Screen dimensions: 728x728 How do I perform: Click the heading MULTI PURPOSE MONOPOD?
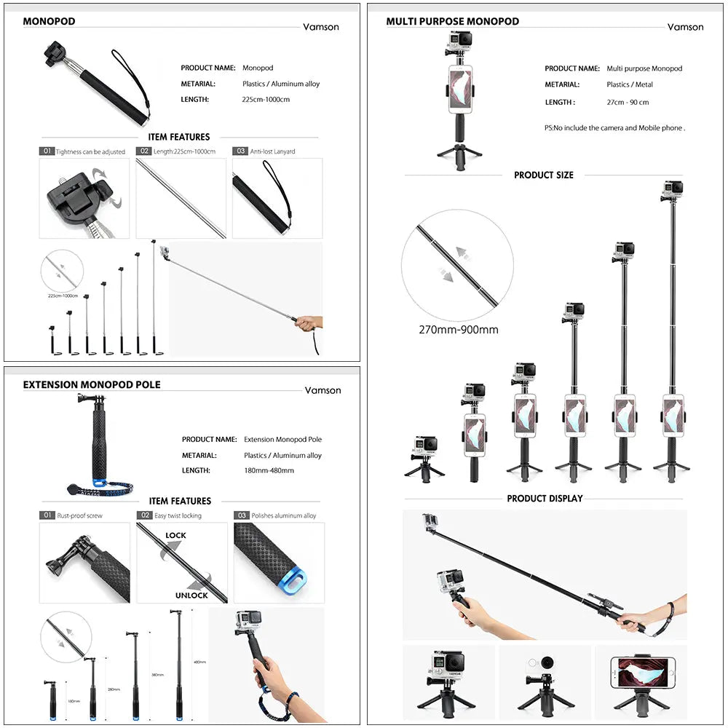(x=452, y=21)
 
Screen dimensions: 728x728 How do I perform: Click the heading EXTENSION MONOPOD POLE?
(x=92, y=384)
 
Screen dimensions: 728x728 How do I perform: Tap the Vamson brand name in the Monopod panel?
(x=321, y=27)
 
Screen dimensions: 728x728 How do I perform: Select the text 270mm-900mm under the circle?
(x=458, y=330)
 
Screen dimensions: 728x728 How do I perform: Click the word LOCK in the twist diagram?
(x=175, y=535)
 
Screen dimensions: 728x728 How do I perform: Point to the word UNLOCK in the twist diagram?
(x=191, y=595)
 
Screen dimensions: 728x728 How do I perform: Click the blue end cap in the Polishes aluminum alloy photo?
(x=293, y=582)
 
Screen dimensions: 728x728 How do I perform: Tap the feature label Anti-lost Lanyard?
(x=272, y=151)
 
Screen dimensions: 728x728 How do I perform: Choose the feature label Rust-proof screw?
(x=79, y=515)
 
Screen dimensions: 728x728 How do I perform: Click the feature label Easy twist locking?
(x=178, y=515)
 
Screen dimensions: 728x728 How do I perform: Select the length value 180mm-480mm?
(x=269, y=470)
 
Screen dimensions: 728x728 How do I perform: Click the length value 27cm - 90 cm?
(x=628, y=103)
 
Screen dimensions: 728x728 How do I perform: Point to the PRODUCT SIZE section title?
(x=543, y=175)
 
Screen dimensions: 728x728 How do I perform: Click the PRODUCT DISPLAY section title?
(x=545, y=499)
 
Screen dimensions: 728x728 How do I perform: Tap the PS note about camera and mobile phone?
(x=614, y=128)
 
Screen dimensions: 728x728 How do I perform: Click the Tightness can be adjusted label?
(x=90, y=151)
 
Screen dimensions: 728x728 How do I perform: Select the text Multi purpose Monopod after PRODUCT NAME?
(x=644, y=68)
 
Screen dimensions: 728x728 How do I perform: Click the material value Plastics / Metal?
(x=630, y=84)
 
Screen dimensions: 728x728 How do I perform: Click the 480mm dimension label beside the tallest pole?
(x=199, y=662)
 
